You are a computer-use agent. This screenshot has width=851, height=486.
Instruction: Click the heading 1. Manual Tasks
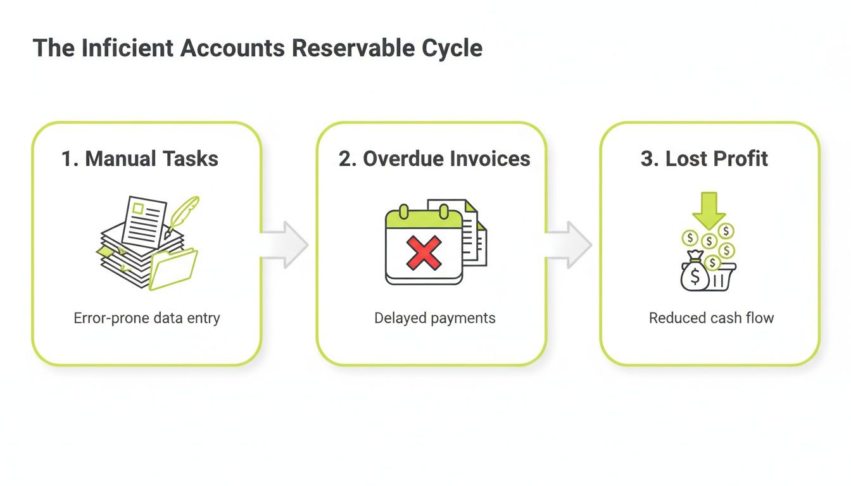coord(140,158)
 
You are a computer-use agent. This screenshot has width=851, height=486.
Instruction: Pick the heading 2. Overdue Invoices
coord(434,158)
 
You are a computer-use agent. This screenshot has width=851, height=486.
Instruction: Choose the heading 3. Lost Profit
coord(704,158)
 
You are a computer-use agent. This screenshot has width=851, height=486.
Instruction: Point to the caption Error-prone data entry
coord(147,318)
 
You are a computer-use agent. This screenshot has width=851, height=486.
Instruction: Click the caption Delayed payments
coord(435,318)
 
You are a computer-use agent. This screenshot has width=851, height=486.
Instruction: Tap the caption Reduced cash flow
coord(711,318)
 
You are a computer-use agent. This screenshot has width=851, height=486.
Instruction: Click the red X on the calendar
coord(424,252)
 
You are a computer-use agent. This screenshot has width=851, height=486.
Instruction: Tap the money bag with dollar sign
coord(695,274)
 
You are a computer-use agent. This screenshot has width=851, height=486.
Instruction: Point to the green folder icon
coord(173,269)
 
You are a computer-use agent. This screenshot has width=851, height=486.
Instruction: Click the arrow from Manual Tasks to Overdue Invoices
coord(284,245)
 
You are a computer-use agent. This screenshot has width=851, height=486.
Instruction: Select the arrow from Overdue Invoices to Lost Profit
coord(569,245)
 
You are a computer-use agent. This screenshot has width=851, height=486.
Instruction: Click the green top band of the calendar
coord(424,219)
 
